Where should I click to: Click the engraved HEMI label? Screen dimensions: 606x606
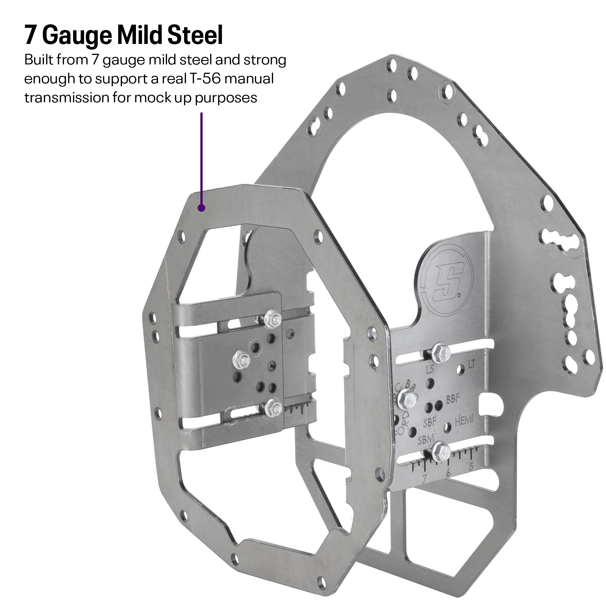[464, 420]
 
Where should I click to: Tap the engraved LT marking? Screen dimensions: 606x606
[472, 364]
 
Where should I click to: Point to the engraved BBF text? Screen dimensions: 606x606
[453, 398]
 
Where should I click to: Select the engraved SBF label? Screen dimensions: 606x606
[430, 422]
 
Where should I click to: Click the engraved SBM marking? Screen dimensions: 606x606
[426, 439]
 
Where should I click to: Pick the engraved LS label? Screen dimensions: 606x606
[430, 369]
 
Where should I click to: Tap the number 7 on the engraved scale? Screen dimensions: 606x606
[424, 478]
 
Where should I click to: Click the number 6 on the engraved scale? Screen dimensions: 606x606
[448, 472]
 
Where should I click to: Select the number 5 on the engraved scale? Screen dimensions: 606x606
[470, 467]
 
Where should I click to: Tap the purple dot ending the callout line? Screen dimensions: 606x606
[201, 208]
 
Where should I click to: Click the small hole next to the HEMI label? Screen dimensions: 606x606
[447, 427]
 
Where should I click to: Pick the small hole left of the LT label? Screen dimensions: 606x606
[460, 369]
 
